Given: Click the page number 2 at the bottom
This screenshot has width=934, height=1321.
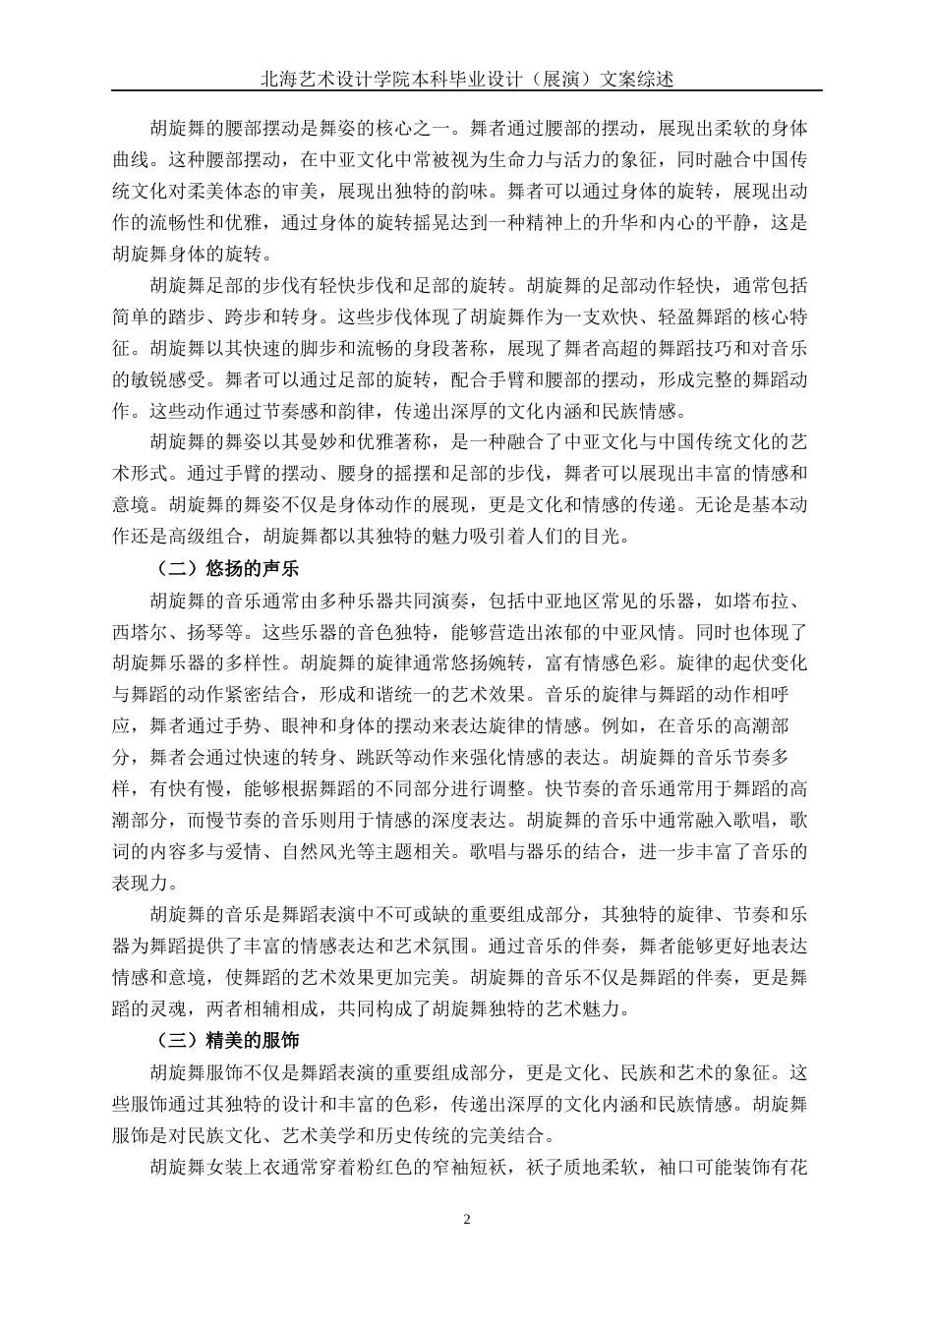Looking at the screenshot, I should (x=467, y=1220).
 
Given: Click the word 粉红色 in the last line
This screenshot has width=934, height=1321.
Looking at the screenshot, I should (x=439, y=1168).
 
